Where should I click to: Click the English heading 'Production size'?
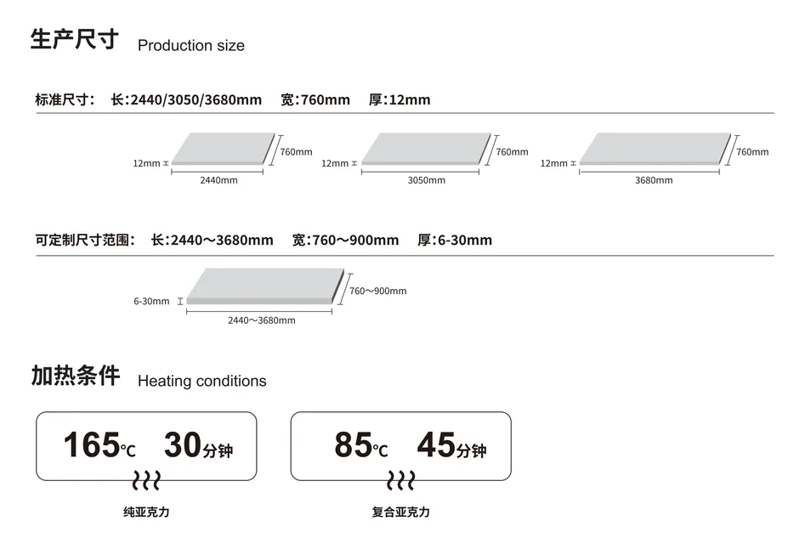[x=190, y=46]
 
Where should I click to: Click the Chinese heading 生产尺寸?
[x=74, y=40]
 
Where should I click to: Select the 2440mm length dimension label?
[x=218, y=180]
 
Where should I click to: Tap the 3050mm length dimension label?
[x=426, y=180]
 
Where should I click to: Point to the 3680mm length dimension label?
[x=653, y=180]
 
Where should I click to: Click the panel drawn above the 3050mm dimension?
[x=426, y=149]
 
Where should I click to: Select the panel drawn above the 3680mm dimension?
[x=654, y=149]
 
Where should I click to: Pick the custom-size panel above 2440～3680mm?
[x=264, y=286]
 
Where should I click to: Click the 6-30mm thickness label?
[x=151, y=301]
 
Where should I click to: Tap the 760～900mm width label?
[x=377, y=291]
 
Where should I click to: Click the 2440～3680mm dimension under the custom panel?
[x=262, y=320]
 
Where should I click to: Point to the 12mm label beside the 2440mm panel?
[x=146, y=163]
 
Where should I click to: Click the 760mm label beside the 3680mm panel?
[x=752, y=152]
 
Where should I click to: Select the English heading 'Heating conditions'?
[x=201, y=382]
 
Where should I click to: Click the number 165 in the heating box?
[x=91, y=444]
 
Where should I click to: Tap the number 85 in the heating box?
[x=353, y=444]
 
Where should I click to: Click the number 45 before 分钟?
[x=436, y=444]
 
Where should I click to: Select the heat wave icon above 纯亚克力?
[x=146, y=480]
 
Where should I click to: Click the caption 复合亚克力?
[x=400, y=512]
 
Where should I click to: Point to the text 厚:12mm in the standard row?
[x=400, y=100]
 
